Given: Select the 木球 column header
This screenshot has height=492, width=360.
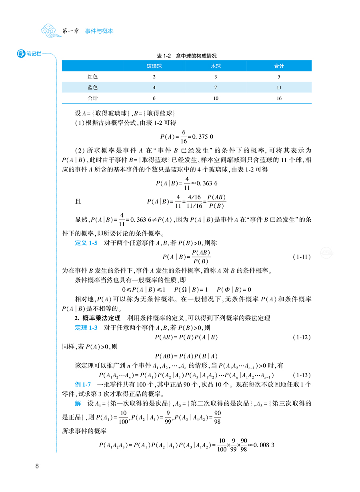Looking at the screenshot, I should (216, 66).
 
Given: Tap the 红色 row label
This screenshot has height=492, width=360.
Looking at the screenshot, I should (92, 76).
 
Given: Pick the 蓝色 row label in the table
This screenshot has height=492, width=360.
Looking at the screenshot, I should (92, 87).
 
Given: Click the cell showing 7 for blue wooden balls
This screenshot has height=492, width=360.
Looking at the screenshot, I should (216, 87).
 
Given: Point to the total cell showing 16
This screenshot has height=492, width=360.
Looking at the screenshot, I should (279, 98).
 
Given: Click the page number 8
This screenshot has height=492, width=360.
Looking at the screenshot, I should (37, 466).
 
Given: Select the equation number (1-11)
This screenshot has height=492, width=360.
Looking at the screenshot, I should (300, 257).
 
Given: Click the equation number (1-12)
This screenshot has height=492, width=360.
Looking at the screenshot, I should (300, 337).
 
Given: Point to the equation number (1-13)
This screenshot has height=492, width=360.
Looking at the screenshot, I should (300, 375).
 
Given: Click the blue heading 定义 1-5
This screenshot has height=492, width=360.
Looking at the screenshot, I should (86, 243).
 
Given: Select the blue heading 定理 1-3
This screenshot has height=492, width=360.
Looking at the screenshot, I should (86, 328).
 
